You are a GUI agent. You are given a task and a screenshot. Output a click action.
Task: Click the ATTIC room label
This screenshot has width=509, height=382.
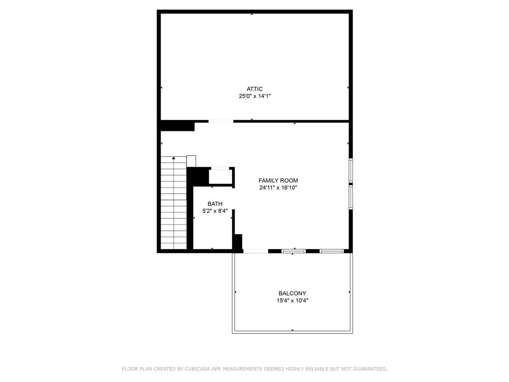pyautogui.click(x=254, y=89)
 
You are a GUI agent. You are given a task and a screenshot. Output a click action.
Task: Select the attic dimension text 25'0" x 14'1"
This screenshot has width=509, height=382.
pyautogui.click(x=254, y=96)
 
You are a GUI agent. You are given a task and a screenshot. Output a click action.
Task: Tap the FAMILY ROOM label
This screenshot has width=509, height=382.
pyautogui.click(x=278, y=181)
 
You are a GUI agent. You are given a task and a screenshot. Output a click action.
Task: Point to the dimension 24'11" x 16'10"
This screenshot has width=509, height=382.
pyautogui.click(x=278, y=188)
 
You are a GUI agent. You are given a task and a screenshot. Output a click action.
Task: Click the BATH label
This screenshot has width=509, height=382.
pyautogui.click(x=215, y=204)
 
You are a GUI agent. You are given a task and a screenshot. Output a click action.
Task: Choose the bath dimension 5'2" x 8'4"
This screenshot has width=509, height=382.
pyautogui.click(x=215, y=211)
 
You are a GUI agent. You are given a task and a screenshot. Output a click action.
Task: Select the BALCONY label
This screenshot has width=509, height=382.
pyautogui.click(x=292, y=293)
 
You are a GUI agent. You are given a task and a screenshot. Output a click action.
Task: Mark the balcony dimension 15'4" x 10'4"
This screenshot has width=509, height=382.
pyautogui.click(x=292, y=300)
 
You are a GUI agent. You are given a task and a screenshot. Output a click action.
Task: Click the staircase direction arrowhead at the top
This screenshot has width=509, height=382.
pyautogui.click(x=173, y=158)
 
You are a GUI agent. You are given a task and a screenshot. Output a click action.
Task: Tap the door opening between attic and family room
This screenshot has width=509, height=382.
pyautogui.click(x=221, y=121)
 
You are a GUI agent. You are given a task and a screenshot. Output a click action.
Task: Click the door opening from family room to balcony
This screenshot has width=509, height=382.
pyautogui.click(x=255, y=251)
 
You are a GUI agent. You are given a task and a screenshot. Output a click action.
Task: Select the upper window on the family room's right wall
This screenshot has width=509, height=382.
pyautogui.click(x=350, y=171)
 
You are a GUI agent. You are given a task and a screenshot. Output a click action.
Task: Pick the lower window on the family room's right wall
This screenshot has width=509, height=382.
pyautogui.click(x=350, y=197)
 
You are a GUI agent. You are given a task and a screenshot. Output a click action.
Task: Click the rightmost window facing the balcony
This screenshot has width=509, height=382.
pyautogui.click(x=332, y=251)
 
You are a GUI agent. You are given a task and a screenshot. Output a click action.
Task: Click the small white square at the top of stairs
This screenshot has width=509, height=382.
pyautogui.click(x=191, y=161)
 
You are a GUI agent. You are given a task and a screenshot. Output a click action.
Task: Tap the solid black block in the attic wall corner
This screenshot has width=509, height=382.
pyautogui.click(x=177, y=126)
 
